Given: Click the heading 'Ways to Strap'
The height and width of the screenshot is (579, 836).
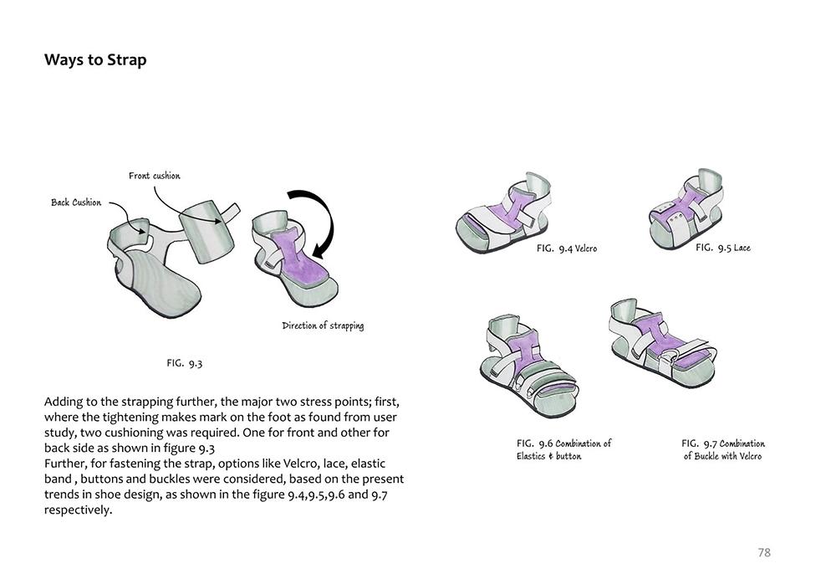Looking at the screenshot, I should point(95,60).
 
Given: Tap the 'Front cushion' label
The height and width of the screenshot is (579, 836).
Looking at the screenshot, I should point(154,176).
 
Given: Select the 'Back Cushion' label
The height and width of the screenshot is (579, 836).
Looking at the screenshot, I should point(76,202).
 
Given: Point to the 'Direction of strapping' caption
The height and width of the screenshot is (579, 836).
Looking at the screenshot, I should point(323,325).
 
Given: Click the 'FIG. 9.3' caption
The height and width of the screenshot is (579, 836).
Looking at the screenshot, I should point(184,363).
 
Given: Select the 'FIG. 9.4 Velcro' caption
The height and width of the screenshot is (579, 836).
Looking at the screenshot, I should point(566,249).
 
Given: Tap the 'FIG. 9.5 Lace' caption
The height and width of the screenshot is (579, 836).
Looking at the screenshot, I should point(722,248).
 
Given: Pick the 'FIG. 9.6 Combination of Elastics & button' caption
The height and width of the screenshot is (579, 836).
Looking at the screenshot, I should point(563,449).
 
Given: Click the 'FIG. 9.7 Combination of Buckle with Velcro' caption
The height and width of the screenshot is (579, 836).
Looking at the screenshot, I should point(722,449).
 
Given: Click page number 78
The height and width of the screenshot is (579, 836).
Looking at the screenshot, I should point(763,552).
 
